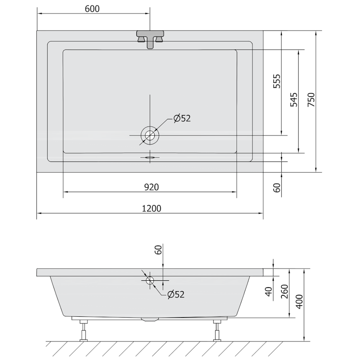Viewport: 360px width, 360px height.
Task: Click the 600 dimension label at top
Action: [x=92, y=9]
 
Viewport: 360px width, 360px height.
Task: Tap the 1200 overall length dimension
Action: [x=152, y=208]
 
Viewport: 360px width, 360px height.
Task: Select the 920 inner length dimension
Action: [x=152, y=187]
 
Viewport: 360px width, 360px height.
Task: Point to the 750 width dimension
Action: [x=311, y=99]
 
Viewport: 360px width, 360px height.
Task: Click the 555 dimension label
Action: [x=277, y=81]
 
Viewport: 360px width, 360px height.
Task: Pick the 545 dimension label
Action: [x=294, y=99]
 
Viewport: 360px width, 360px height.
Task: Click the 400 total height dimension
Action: [x=299, y=301]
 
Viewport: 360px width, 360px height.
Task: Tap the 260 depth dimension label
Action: [x=284, y=291]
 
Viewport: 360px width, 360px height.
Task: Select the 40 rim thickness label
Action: [x=268, y=292]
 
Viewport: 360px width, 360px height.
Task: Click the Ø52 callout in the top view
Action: [x=182, y=118]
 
